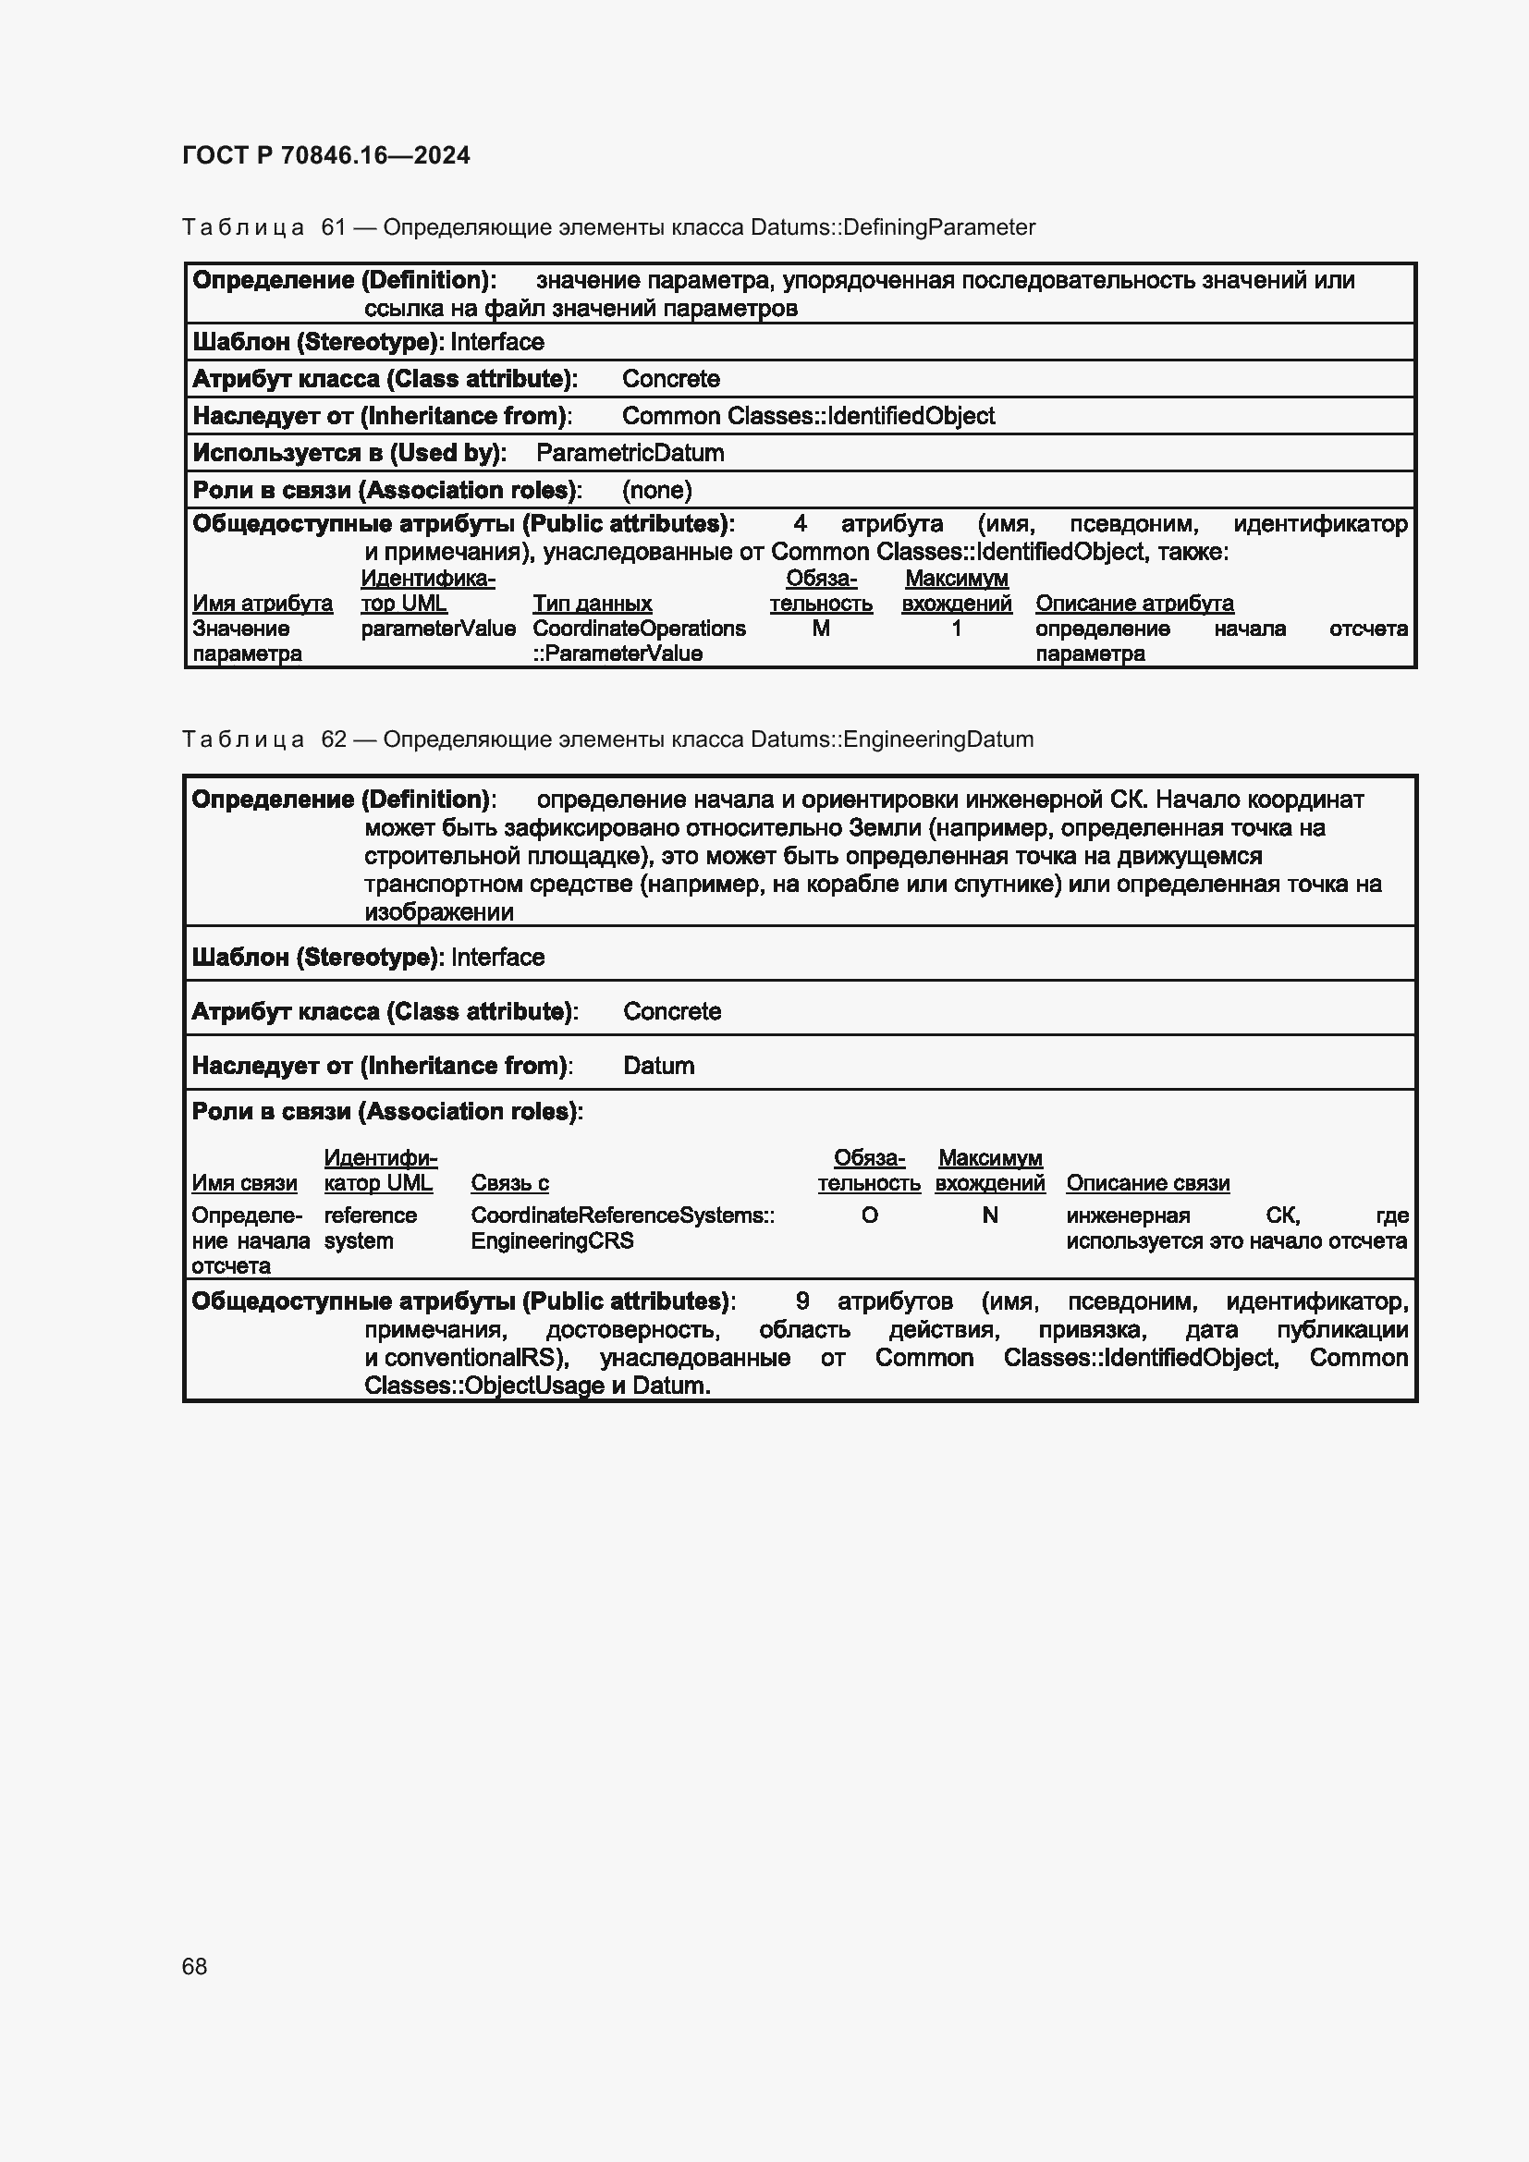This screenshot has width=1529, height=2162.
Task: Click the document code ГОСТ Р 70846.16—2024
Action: click(325, 155)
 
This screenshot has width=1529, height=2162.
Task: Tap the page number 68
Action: click(195, 1966)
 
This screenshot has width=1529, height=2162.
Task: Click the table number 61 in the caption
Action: click(334, 227)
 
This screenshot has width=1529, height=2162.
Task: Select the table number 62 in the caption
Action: click(334, 739)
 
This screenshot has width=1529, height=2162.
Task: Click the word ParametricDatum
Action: click(630, 453)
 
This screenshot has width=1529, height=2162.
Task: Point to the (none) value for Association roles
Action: click(656, 490)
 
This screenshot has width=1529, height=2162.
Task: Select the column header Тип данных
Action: click(593, 604)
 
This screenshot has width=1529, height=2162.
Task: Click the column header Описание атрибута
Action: click(1134, 604)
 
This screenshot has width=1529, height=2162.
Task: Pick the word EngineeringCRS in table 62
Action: click(552, 1241)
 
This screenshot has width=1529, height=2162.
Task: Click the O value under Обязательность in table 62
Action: click(869, 1215)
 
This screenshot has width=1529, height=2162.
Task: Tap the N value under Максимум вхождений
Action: click(989, 1215)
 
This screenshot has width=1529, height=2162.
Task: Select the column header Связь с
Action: click(509, 1184)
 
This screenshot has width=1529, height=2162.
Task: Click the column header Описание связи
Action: click(1148, 1184)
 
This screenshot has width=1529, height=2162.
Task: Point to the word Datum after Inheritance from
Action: click(658, 1066)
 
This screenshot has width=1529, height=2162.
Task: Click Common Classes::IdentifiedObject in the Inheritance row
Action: click(808, 416)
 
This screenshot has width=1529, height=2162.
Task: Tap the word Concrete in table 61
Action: click(670, 380)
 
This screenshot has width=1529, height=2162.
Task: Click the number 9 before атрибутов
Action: click(802, 1302)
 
